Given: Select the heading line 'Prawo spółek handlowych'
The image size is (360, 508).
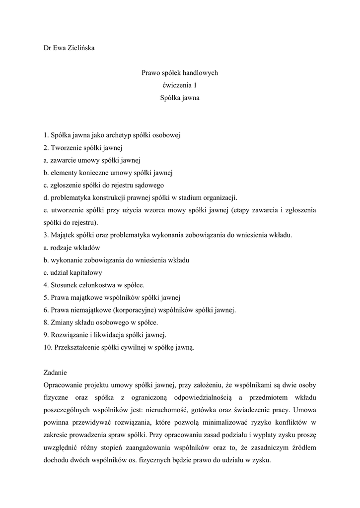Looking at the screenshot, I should (x=180, y=73).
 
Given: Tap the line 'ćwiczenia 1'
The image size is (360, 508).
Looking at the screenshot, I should (x=180, y=85).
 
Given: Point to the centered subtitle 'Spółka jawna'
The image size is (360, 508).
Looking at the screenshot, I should (x=180, y=98).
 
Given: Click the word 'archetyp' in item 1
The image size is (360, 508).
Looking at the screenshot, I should (x=133, y=135).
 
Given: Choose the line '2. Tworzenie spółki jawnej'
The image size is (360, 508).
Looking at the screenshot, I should (x=83, y=147).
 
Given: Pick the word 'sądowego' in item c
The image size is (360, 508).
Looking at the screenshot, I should (x=147, y=185).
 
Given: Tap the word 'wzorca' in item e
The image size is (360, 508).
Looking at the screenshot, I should (x=157, y=210).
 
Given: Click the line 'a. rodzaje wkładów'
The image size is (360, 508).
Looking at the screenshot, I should (x=72, y=248).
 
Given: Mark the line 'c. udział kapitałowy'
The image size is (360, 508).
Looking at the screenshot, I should (x=73, y=272).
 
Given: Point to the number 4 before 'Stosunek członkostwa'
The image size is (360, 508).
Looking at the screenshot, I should (x=45, y=285).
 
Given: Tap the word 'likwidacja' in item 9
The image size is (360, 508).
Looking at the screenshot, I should (x=110, y=335).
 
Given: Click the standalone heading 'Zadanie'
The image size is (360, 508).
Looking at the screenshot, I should (x=55, y=373).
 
